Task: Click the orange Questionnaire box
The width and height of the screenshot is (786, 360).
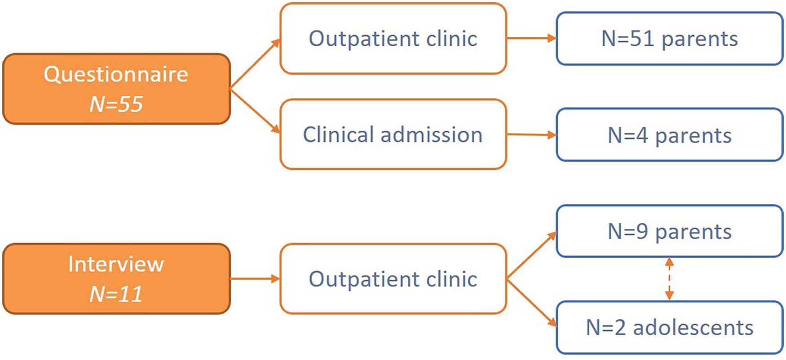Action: point(117,89)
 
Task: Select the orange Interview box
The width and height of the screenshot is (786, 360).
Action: point(117,279)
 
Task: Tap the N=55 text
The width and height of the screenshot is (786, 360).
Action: point(116,104)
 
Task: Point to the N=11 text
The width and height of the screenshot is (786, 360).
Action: point(116,294)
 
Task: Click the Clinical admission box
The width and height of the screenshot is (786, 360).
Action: point(393,134)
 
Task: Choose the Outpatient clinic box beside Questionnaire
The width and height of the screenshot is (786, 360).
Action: point(393,39)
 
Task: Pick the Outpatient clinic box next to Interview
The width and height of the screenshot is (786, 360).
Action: point(393,279)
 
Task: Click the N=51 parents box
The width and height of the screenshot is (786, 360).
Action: point(670,39)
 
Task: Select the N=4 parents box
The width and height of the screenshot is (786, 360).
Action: point(670,135)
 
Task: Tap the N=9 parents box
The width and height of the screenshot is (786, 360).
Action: point(670,231)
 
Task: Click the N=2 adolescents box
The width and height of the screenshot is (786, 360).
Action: point(670,327)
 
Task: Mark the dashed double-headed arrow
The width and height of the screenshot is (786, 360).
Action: point(669,279)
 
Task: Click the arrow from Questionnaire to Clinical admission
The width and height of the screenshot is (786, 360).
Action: point(255,111)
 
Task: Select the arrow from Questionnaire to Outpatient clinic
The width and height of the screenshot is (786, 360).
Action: point(255,64)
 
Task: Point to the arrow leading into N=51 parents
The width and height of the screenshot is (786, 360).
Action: point(532,38)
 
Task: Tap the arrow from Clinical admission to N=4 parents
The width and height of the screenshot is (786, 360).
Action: point(532,134)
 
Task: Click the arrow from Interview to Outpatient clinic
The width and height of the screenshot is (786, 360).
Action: point(255,279)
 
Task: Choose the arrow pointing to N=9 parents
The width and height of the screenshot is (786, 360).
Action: point(532,255)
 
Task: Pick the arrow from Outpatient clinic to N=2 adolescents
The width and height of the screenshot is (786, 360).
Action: point(532,303)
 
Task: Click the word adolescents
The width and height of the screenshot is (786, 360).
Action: point(693,327)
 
